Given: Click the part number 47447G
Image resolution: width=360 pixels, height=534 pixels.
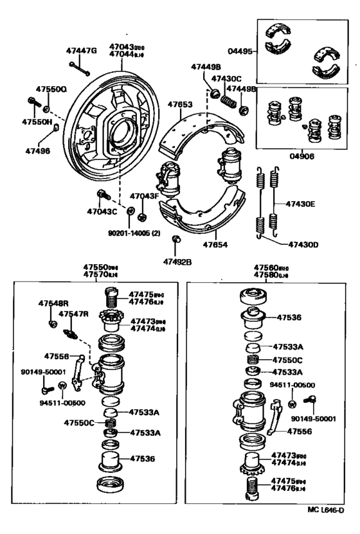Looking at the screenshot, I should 80,51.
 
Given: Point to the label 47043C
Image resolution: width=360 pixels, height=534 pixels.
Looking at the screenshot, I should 103,211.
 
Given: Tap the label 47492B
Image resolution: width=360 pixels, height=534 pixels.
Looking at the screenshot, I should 178,262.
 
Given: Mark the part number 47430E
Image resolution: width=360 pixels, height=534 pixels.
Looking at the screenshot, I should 301,204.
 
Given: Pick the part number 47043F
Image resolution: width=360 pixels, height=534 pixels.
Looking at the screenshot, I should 144,196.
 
